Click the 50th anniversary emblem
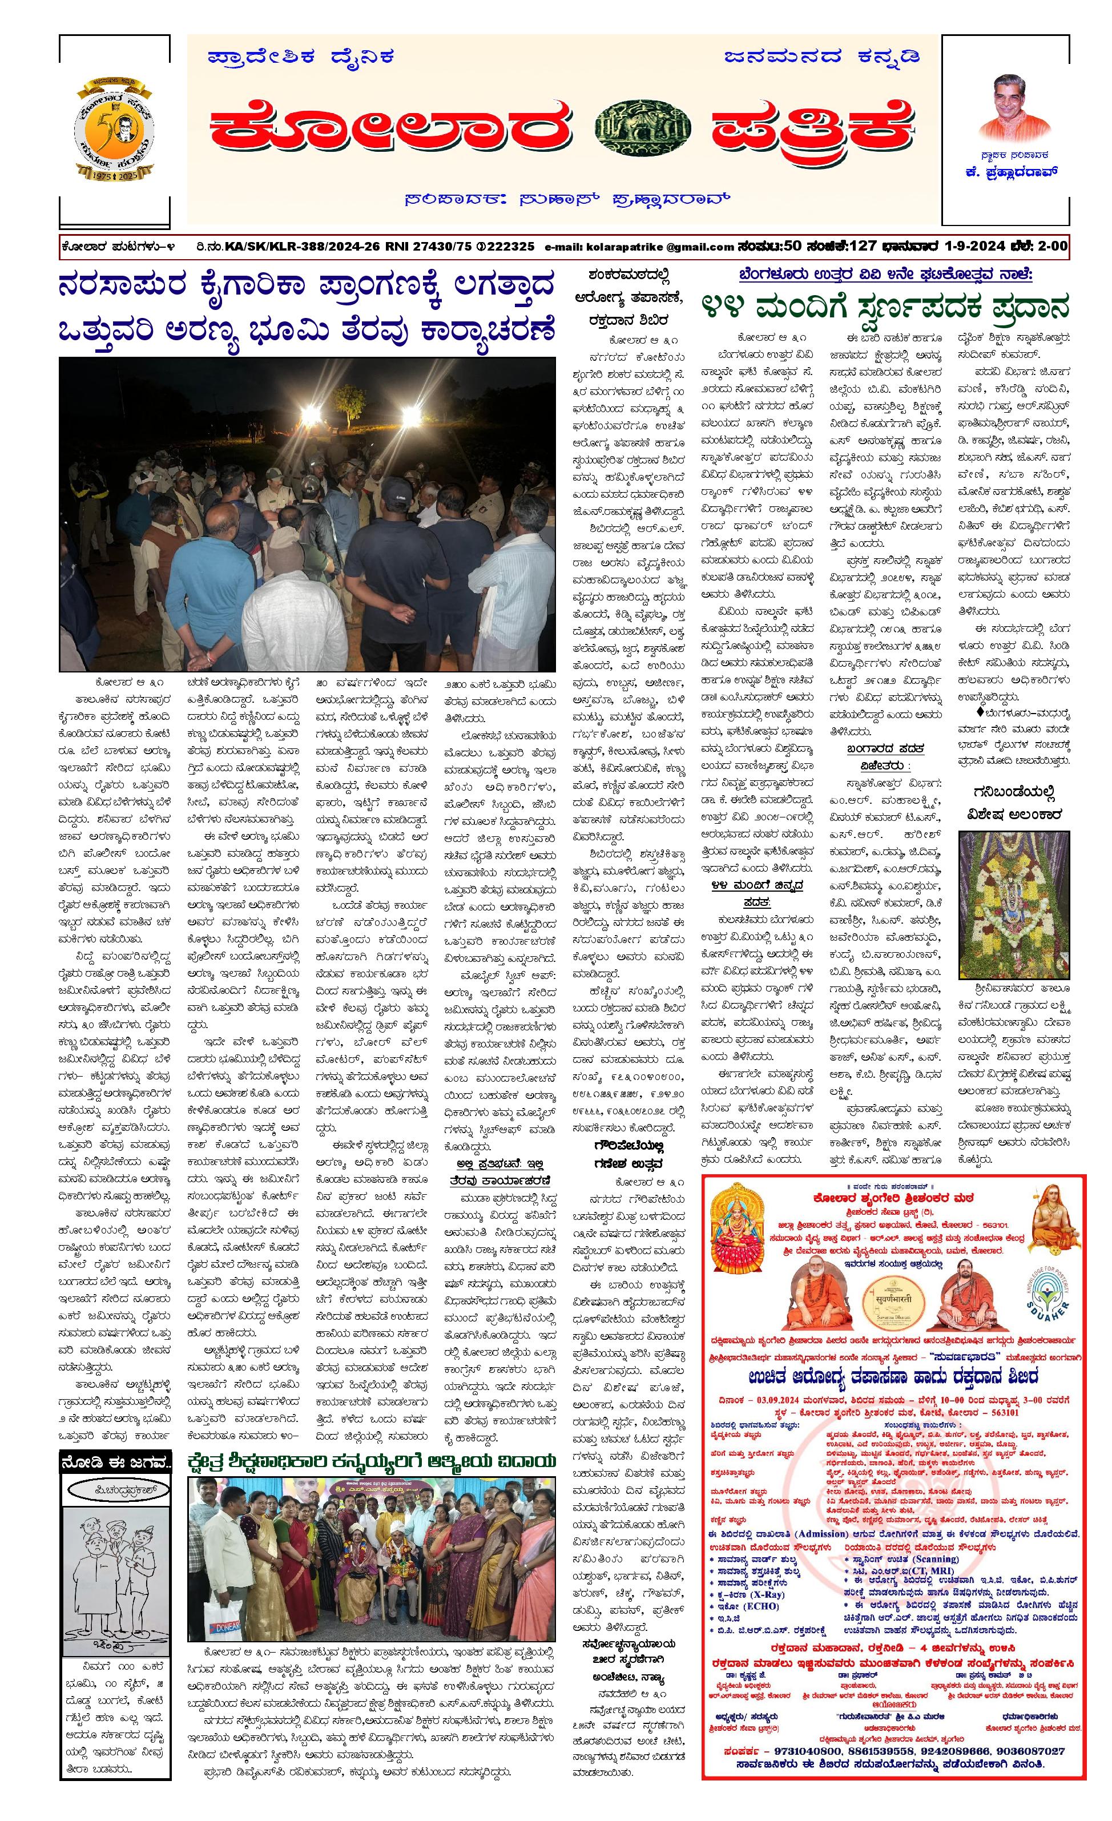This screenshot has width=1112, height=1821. tap(115, 130)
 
